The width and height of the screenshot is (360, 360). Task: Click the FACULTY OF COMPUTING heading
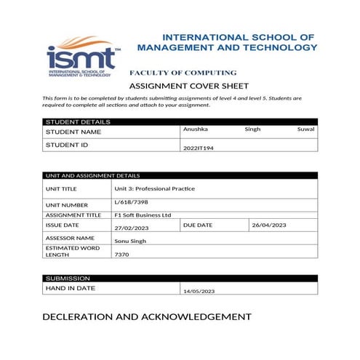coord(183,73)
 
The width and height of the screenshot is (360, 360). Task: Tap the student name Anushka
coord(195,129)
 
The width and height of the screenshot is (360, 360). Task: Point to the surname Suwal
coord(307,129)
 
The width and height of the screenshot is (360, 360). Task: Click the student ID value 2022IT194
coord(198,148)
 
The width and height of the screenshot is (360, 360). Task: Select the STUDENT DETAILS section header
coord(78,121)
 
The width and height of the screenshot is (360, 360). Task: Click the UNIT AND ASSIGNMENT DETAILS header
coord(92,175)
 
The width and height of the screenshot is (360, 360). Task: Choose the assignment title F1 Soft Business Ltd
coord(143,215)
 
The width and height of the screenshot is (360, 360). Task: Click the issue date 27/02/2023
coord(132,228)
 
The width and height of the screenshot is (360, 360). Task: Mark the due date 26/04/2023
coord(268,225)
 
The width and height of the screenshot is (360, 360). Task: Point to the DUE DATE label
coord(199,225)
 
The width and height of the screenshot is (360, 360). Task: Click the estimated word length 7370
coord(121,255)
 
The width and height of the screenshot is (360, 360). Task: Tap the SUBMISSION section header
coord(68,279)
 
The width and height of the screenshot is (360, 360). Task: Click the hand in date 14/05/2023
coord(199,291)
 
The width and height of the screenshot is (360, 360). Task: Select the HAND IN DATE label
coord(71,288)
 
